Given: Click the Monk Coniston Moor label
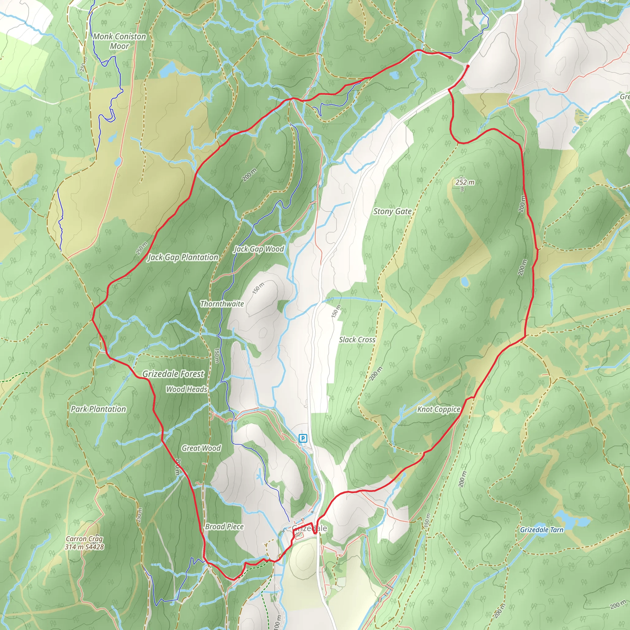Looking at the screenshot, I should pos(119,41).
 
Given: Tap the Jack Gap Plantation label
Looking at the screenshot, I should pos(183,257).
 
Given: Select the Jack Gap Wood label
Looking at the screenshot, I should pos(259,249).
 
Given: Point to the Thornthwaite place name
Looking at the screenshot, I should pos(222,304).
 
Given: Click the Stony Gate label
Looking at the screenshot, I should pos(392,212).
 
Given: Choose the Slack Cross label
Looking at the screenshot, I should pos(357,340).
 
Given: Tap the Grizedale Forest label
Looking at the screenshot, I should pos(173,374).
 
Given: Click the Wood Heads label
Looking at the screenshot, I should pos(186,389).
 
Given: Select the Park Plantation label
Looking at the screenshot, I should pos(98,409).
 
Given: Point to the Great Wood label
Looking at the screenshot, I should pos(201,449).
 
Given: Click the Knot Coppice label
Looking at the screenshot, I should pos(439,409).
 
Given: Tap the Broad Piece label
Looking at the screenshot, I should pos(224,527).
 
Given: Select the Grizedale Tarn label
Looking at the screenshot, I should pos(542,530).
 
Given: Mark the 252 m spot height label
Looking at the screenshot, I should pos(465,182).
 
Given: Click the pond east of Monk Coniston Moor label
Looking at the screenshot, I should pos(168,69).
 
